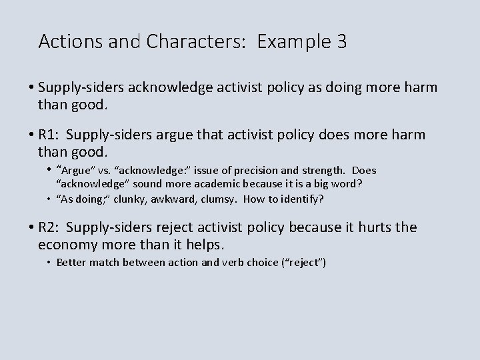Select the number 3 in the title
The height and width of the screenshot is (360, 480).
coord(341,43)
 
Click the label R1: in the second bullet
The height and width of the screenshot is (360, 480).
coord(49,135)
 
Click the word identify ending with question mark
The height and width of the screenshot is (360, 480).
coord(300,198)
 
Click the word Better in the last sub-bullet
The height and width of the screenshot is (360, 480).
coord(71,263)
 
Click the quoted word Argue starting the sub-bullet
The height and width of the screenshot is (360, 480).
coord(75,171)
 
